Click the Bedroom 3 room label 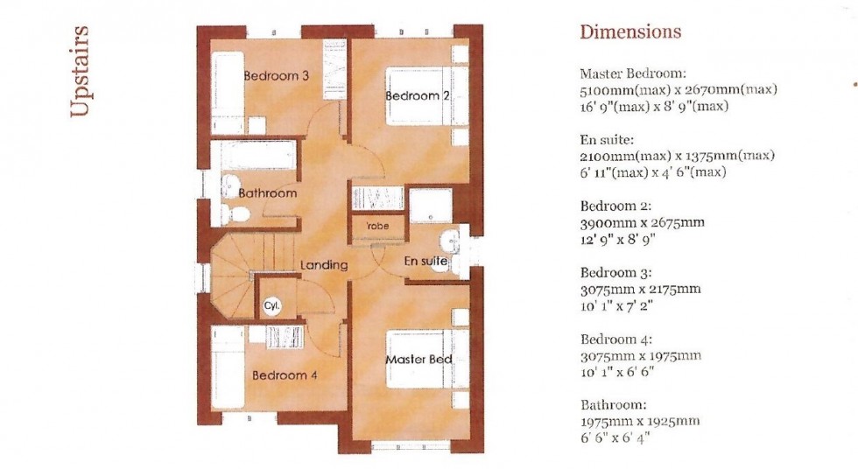276,76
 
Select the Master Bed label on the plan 418,360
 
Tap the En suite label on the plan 425,261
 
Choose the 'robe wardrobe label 377,227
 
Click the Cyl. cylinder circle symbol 271,306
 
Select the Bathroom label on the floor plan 268,192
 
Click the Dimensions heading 630,32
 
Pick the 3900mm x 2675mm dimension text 642,222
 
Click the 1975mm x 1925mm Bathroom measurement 639,421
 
